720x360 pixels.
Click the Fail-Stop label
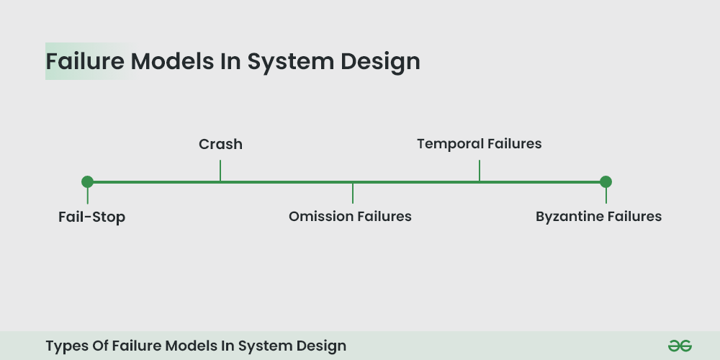pos(91,217)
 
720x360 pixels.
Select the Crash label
pos(220,144)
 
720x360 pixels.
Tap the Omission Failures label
pos(350,216)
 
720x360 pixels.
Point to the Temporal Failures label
pos(479,144)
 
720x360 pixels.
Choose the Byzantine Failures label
pos(598,216)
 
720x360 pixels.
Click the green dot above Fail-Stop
pos(88,181)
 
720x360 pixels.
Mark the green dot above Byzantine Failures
pos(606,181)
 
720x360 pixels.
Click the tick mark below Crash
pos(220,171)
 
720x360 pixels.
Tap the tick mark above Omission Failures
pos(353,192)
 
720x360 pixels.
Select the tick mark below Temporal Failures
pos(479,171)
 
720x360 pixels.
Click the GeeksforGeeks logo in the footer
pos(679,346)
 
